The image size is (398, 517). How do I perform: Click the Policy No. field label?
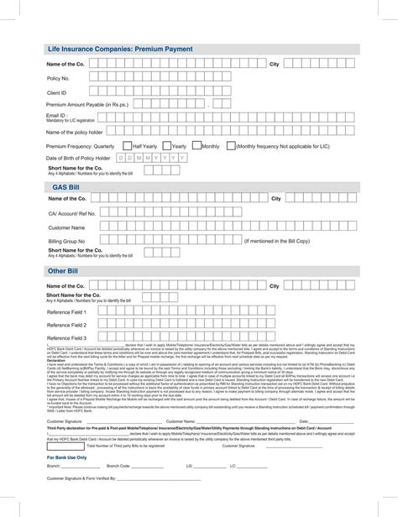pyautogui.click(x=59, y=77)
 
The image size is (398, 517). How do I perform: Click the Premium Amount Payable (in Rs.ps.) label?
pyautogui.click(x=88, y=105)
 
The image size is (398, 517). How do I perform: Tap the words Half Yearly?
pyautogui.click(x=144, y=146)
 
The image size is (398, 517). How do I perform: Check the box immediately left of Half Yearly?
pyautogui.click(x=125, y=145)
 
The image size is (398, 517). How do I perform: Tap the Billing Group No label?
pyautogui.click(x=66, y=240)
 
